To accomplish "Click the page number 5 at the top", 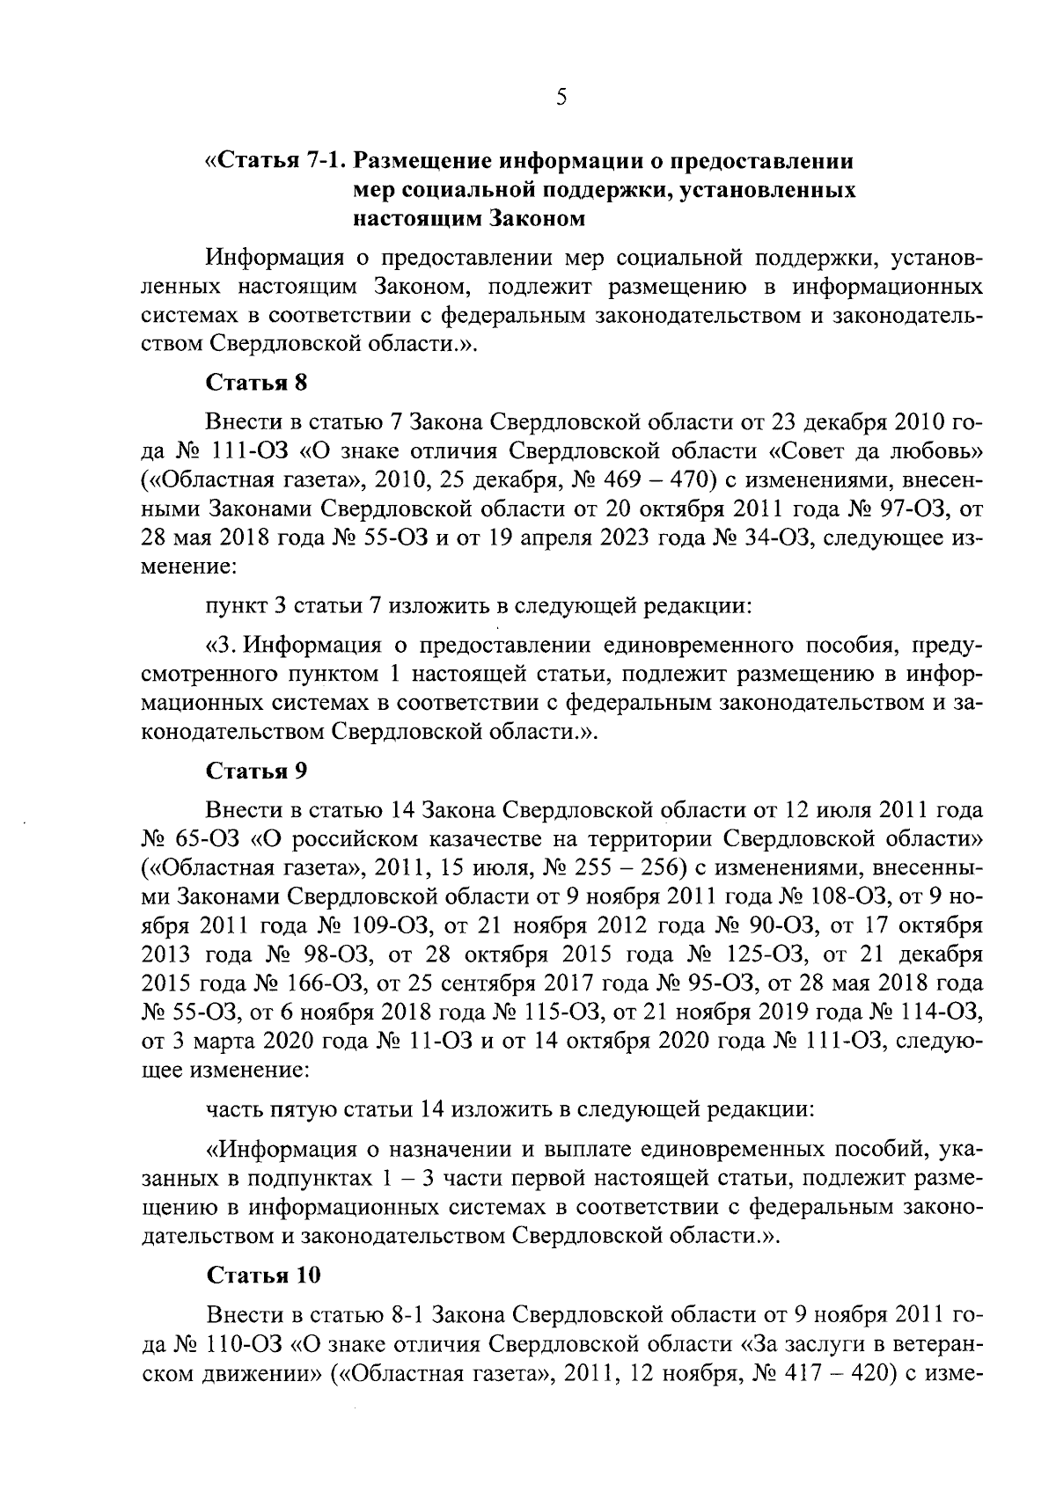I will pos(561,98).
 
